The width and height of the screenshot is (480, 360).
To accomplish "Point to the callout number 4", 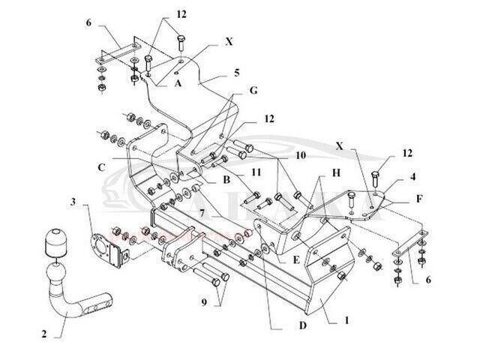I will [412, 178].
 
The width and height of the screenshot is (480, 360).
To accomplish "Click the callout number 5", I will [236, 73].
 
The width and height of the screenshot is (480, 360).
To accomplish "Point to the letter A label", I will [178, 84].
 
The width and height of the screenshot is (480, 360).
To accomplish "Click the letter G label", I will [254, 90].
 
